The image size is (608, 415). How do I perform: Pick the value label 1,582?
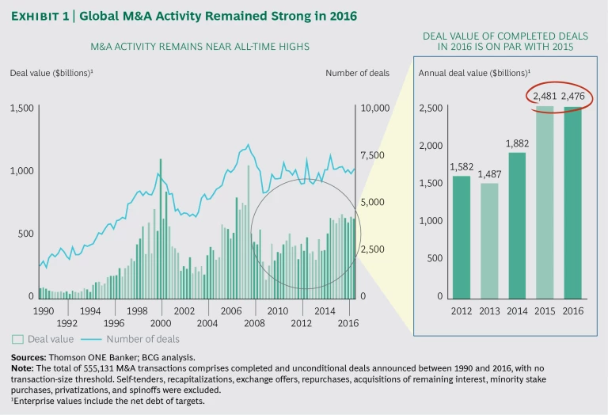461,167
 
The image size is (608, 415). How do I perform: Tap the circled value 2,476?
572,97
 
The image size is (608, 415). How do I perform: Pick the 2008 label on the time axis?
254,323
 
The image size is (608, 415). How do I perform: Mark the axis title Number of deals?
357,74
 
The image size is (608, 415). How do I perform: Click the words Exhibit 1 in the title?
42,15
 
